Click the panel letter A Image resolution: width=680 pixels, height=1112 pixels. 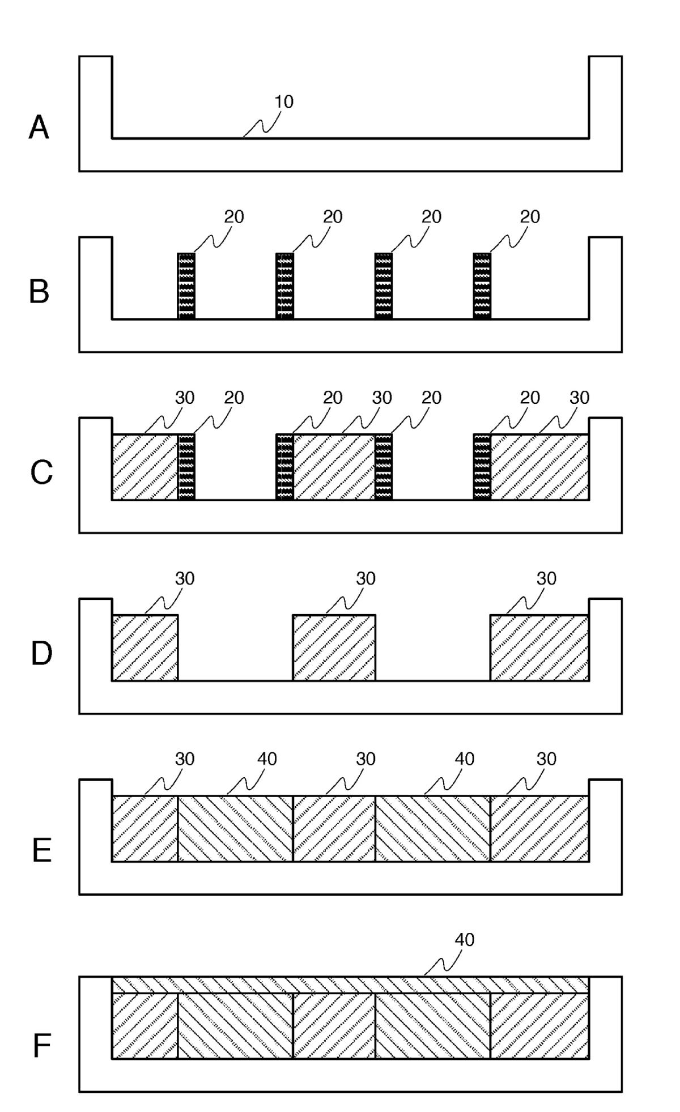point(39,127)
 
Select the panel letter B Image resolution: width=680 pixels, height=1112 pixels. point(39,292)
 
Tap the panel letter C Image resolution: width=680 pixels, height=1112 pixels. point(41,472)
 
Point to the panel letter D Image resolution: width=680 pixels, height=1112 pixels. point(41,653)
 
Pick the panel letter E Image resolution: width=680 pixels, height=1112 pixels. point(41,851)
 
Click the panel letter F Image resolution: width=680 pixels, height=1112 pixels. point(42,1046)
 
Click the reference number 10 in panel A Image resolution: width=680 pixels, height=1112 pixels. point(284,102)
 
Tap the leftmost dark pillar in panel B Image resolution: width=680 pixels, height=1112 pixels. point(187,286)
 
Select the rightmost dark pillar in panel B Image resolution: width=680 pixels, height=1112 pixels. point(482,286)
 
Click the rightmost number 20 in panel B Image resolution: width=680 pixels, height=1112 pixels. point(530,217)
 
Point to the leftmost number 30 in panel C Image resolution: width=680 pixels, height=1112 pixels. point(185,398)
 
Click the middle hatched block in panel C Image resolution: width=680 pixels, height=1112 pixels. point(334,467)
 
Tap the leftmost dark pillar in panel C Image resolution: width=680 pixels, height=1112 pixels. point(187,467)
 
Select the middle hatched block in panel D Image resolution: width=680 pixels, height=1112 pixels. point(334,647)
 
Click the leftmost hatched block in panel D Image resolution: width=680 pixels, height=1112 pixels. point(146,647)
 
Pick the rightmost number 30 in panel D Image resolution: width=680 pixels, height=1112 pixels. point(546,578)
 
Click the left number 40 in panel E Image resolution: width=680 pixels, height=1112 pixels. point(267,759)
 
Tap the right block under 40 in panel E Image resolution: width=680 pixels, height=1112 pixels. point(433,829)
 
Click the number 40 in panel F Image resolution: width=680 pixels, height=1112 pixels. point(465,940)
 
